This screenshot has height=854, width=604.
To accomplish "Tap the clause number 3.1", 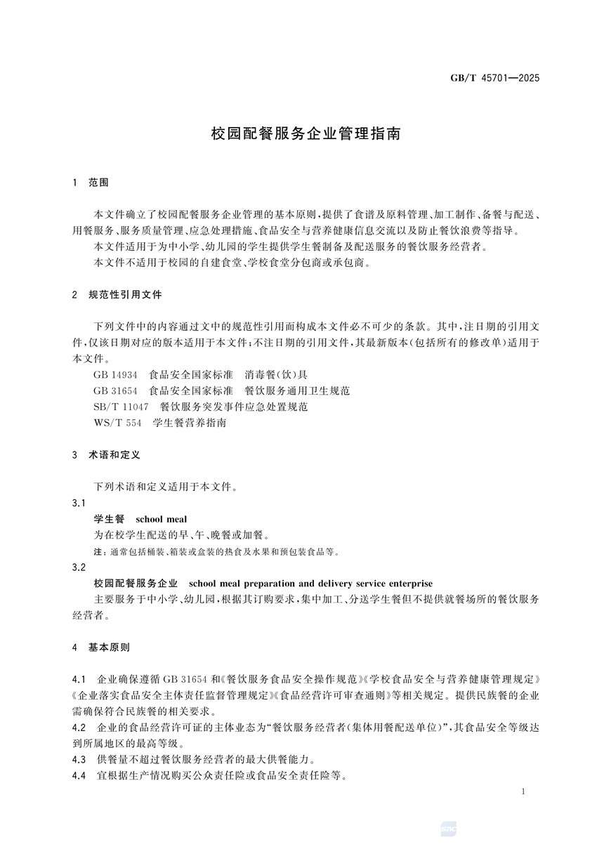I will (79, 503).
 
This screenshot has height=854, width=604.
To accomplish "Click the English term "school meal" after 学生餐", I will (162, 519).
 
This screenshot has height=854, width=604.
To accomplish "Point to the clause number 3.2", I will (79, 567).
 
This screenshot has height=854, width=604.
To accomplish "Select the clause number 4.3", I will (79, 759).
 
